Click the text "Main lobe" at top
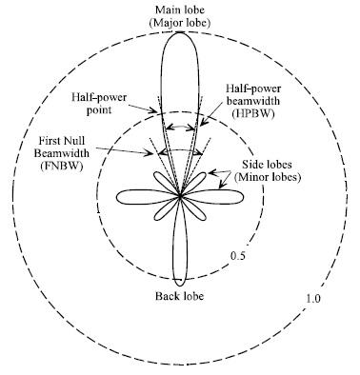pyautogui.click(x=179, y=10)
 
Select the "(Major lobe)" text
pyautogui.click(x=179, y=22)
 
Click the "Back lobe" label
pyautogui.click(x=180, y=296)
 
